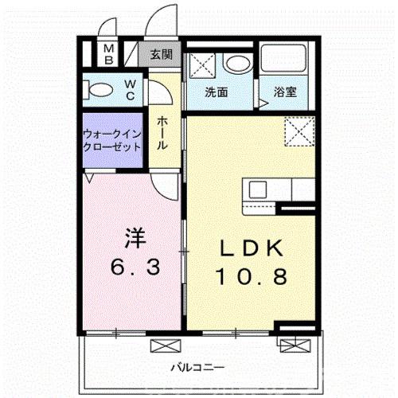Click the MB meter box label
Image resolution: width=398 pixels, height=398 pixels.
tap(109, 55)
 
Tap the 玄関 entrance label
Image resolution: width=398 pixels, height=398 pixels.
tap(162, 55)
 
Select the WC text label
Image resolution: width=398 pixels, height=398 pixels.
tap(131, 90)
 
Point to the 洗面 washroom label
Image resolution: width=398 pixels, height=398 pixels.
tap(217, 92)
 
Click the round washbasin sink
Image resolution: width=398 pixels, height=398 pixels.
tap(237, 63)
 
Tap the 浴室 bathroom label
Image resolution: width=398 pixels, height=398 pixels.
tap(285, 92)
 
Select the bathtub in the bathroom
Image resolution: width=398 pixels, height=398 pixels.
tap(283, 57)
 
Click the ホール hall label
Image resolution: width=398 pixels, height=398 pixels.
tap(162, 133)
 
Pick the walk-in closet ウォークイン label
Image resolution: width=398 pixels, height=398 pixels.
tap(112, 135)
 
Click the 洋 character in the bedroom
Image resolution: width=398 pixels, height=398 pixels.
tap(135, 238)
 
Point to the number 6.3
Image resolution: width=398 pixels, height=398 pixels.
tap(135, 267)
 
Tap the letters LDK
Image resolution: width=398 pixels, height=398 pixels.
tap(252, 248)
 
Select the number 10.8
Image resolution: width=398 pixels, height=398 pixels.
tap(252, 276)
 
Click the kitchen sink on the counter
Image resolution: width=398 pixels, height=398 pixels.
tap(257, 189)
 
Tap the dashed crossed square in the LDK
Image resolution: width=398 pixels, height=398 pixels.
tap(299, 131)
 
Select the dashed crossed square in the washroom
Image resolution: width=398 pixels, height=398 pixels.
tap(202, 65)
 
